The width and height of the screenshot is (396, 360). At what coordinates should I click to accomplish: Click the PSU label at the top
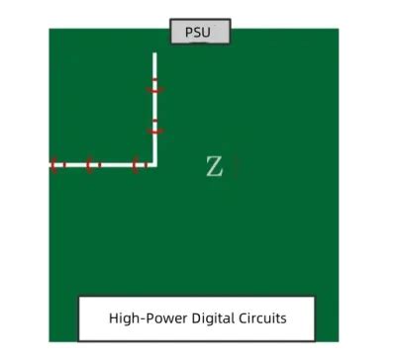[x=200, y=32]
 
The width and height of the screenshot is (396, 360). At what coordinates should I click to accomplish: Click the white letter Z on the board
[x=214, y=167]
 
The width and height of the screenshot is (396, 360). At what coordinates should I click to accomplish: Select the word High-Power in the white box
[x=144, y=318]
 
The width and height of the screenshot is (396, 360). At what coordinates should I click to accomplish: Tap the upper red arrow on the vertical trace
[x=154, y=89]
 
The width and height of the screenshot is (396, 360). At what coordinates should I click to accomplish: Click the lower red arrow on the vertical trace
[x=154, y=129]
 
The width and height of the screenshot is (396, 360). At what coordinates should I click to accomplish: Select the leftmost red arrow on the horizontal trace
[x=56, y=164]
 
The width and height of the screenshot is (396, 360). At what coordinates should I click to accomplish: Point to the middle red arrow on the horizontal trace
[x=91, y=164]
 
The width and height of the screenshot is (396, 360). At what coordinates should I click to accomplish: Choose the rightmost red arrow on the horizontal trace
[x=140, y=164]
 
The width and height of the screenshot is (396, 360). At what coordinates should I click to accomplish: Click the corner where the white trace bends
[x=154, y=164]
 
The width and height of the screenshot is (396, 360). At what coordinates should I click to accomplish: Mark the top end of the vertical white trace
[x=154, y=54]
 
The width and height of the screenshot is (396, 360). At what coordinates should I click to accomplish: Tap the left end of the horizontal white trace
[x=50, y=164]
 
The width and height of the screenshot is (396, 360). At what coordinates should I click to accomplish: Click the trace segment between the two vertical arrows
[x=154, y=109]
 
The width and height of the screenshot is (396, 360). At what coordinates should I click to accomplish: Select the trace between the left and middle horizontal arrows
[x=74, y=164]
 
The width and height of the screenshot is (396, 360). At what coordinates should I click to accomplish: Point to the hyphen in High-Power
[x=140, y=319]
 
